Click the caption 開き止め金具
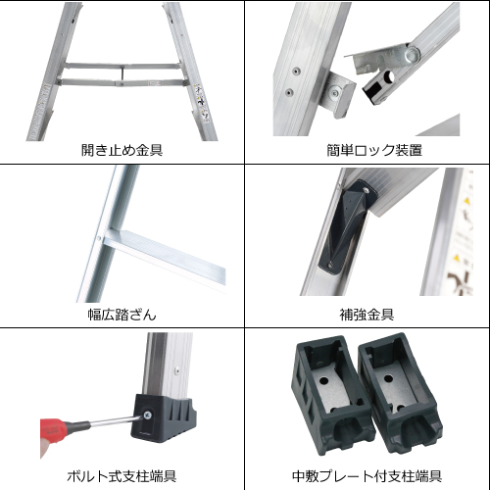pyautogui.click(x=122, y=150)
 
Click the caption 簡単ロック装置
pyautogui.click(x=374, y=150)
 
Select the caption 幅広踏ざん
pyautogui.click(x=122, y=315)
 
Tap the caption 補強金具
pyautogui.click(x=367, y=315)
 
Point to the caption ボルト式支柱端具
pyautogui.click(x=122, y=476)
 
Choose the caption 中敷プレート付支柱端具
pyautogui.click(x=367, y=476)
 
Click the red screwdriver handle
pyautogui.click(x=53, y=428)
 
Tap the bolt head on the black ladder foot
pyautogui.click(x=147, y=416)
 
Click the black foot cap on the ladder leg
pyautogui.click(x=164, y=418)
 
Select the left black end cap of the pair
pyautogui.click(x=330, y=395)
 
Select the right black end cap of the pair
pyautogui.click(x=400, y=392)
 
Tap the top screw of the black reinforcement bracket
pyautogui.click(x=367, y=190)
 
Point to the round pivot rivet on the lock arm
pyautogui.click(x=412, y=55)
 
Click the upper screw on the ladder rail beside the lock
pyautogui.click(x=296, y=71)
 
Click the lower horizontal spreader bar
pyautogui.click(x=122, y=83)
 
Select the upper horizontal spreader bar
pyautogui.click(x=122, y=67)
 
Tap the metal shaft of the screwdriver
pyautogui.click(x=116, y=421)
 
